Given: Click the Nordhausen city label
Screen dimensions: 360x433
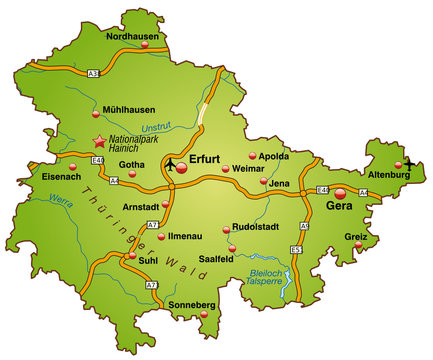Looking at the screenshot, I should (134, 37).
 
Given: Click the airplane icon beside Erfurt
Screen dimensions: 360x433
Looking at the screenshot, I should (173, 163).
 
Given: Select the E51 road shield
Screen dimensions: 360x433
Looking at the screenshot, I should (295, 247).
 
